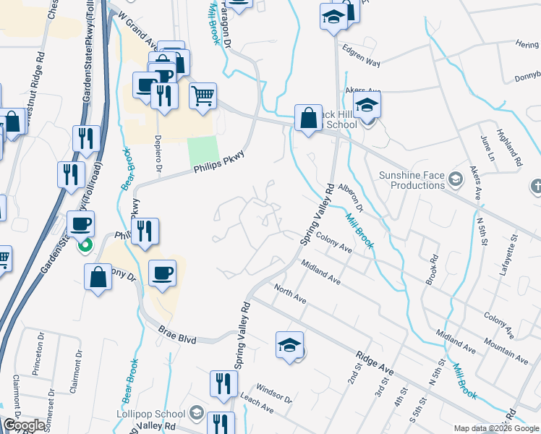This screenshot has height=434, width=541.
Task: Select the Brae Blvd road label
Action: (177, 333)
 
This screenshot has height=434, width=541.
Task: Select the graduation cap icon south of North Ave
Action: (289, 345)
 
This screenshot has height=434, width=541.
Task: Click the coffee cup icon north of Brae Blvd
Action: (162, 273)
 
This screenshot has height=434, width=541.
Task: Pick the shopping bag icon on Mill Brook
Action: (308, 118)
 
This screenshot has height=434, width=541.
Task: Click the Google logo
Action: (24, 425)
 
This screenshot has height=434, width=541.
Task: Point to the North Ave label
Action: (290, 294)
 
